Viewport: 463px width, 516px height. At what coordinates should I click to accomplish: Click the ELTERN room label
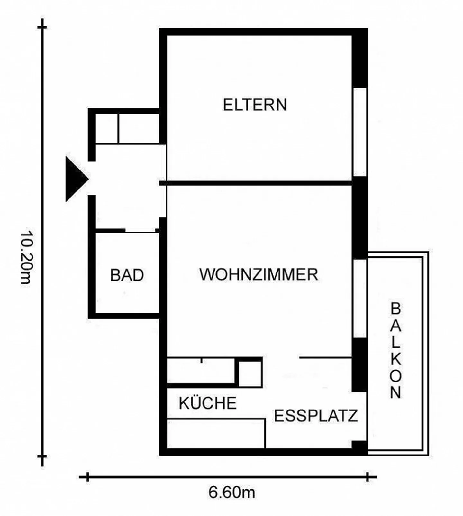tap(255, 105)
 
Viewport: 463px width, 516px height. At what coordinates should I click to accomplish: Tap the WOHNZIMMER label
tap(259, 274)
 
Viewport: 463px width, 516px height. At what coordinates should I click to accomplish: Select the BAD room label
tap(127, 275)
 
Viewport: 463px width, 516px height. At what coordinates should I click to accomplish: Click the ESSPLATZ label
tap(316, 416)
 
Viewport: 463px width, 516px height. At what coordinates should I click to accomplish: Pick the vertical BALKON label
tap(396, 350)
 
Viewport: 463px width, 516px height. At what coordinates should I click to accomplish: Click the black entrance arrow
tap(77, 179)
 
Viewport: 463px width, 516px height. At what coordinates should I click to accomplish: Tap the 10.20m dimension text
tap(25, 257)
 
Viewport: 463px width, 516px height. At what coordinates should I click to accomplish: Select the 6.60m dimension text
tap(232, 493)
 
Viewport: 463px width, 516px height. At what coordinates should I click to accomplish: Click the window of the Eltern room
tap(360, 132)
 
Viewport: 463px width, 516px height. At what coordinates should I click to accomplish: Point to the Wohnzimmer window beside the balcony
tap(360, 298)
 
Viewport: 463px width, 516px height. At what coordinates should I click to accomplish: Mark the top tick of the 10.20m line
tap(42, 27)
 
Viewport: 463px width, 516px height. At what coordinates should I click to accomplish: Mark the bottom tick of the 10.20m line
tap(42, 456)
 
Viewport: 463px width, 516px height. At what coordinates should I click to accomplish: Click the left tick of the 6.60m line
tap(88, 477)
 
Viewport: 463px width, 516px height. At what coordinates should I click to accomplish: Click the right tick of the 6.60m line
tap(368, 477)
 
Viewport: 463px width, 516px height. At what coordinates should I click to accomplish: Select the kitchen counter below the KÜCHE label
tap(216, 433)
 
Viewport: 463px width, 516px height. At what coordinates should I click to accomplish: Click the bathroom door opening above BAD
tap(141, 231)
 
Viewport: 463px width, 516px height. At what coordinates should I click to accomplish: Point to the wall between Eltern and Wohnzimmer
tap(256, 183)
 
